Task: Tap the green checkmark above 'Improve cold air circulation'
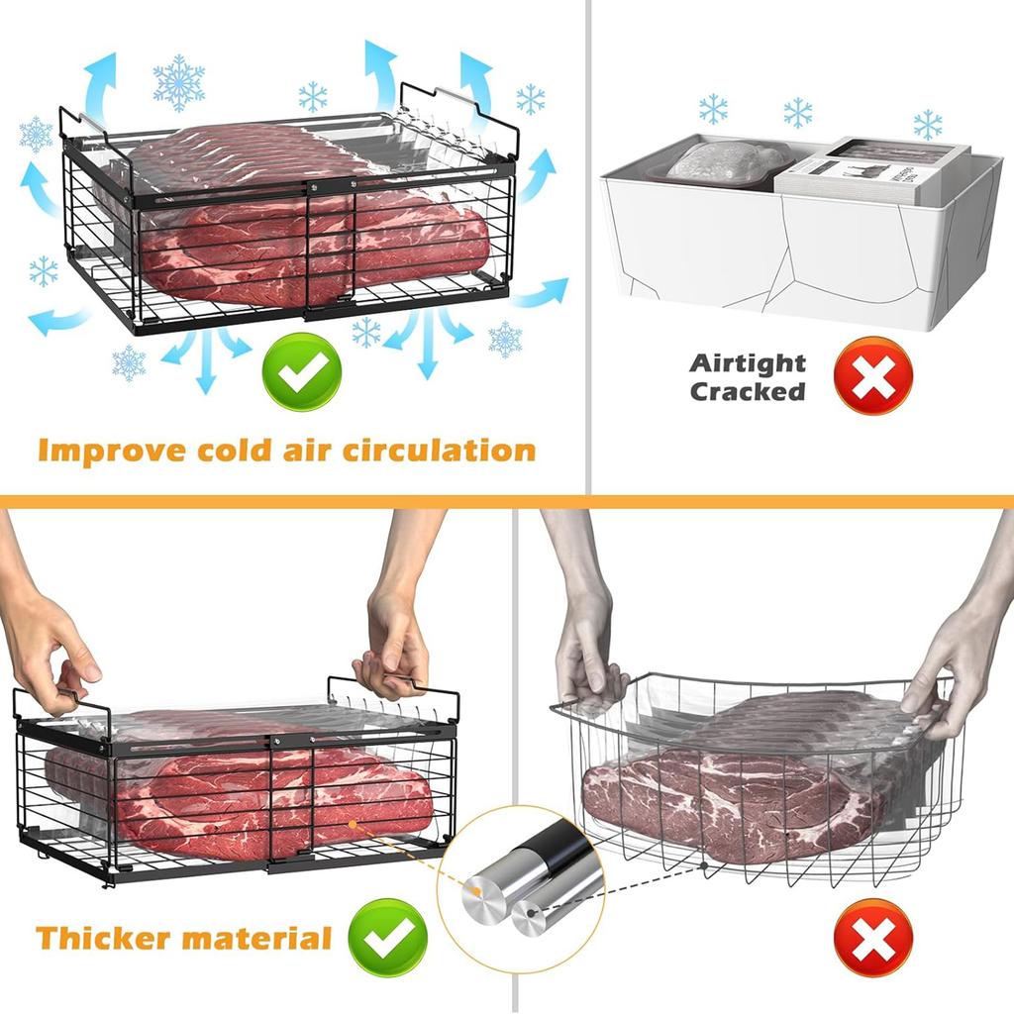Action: pyautogui.click(x=302, y=373)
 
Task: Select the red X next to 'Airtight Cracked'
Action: pyautogui.click(x=872, y=375)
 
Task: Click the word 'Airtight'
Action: pyautogui.click(x=748, y=363)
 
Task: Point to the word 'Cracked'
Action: pyautogui.click(x=748, y=392)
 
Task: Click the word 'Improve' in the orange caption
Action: pyautogui.click(x=107, y=451)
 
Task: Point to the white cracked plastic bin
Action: pyautogui.click(x=792, y=248)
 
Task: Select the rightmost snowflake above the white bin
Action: pyautogui.click(x=928, y=125)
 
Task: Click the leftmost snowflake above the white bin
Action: pyautogui.click(x=713, y=108)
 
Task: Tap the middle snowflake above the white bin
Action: pyautogui.click(x=798, y=113)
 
